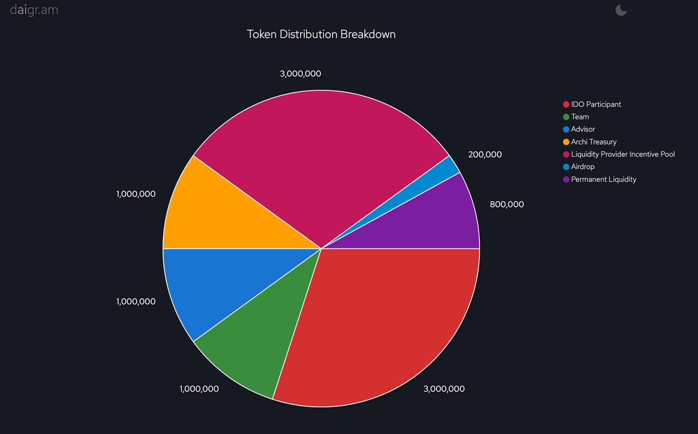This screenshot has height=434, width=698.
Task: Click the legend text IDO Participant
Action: click(596, 104)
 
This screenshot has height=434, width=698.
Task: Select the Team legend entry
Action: click(580, 117)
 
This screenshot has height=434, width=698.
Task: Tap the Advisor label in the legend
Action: click(583, 129)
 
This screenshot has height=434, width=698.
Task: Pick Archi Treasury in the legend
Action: click(593, 142)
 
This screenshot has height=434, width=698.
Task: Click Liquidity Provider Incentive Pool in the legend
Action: click(622, 154)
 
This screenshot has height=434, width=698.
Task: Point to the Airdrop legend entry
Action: click(583, 166)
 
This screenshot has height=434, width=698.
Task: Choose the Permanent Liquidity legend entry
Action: click(603, 179)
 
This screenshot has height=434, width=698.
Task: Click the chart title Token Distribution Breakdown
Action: click(321, 34)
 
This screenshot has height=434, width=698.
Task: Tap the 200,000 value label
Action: click(485, 155)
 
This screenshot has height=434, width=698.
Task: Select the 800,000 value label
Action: click(507, 204)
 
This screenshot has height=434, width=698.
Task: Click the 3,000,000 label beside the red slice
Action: click(444, 389)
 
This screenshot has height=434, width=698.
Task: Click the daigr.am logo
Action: click(34, 10)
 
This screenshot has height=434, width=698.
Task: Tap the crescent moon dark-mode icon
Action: click(621, 10)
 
